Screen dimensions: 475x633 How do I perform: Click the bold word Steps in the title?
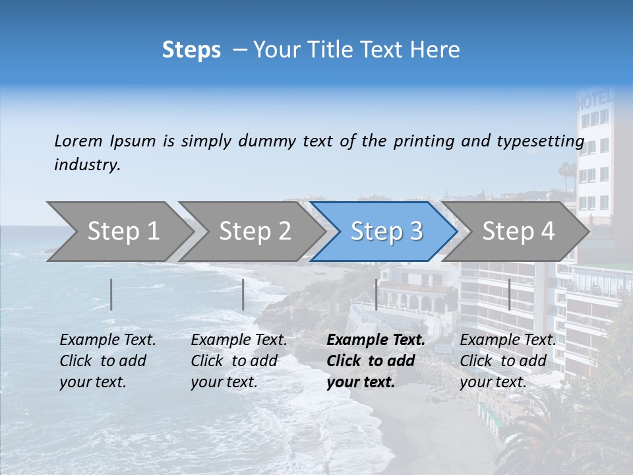click(x=191, y=50)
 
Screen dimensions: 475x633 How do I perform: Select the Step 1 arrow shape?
click(x=119, y=232)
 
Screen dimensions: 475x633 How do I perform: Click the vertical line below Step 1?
click(x=111, y=294)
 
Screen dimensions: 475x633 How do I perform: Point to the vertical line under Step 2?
click(x=243, y=294)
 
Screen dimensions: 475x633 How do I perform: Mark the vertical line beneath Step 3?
click(x=377, y=294)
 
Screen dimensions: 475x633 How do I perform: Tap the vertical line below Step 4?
click(x=510, y=294)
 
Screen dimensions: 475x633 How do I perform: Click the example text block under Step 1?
click(x=108, y=361)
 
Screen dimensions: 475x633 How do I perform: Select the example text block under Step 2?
click(x=239, y=361)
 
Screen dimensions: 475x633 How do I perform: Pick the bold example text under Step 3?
click(x=376, y=361)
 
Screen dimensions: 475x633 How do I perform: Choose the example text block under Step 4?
click(x=508, y=361)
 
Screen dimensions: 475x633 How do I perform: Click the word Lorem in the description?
click(x=78, y=141)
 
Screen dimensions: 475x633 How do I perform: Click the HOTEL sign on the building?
click(x=595, y=100)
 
